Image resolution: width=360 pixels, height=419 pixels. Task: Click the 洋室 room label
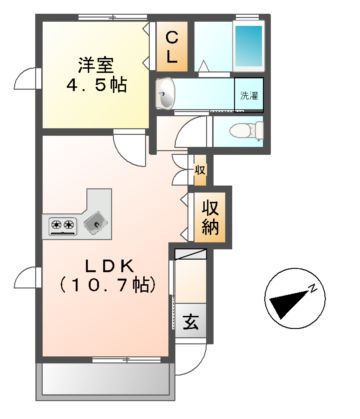pyautogui.click(x=97, y=65)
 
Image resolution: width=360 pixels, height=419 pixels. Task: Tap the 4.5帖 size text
pyautogui.click(x=97, y=87)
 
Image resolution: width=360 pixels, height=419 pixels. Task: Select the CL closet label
pyautogui.click(x=172, y=47)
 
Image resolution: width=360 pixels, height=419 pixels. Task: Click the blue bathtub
pyautogui.click(x=247, y=46)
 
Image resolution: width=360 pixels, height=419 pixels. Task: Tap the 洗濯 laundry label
pyautogui.click(x=248, y=96)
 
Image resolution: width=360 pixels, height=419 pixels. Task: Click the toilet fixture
pyautogui.click(x=241, y=130)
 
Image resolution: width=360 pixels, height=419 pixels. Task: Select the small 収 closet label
pyautogui.click(x=200, y=170)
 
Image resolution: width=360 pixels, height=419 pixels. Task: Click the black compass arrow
pyautogui.click(x=292, y=300)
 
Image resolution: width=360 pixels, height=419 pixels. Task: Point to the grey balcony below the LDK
pyautogui.click(x=103, y=380)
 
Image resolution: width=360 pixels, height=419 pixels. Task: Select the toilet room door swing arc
pyautogui.click(x=197, y=134)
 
